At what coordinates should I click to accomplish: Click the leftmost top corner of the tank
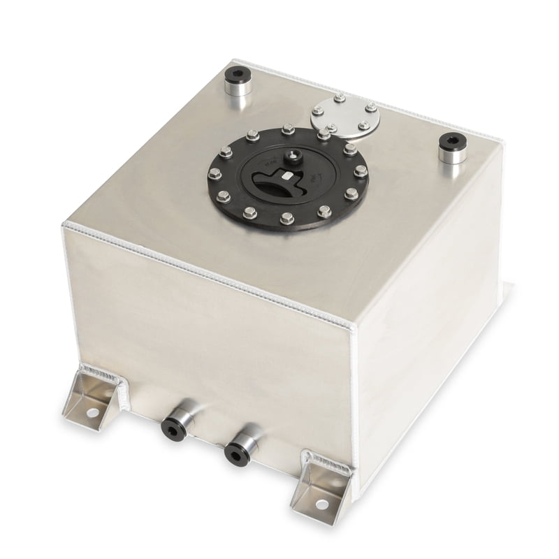tap(65, 224)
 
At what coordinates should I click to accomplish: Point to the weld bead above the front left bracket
tap(103, 374)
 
